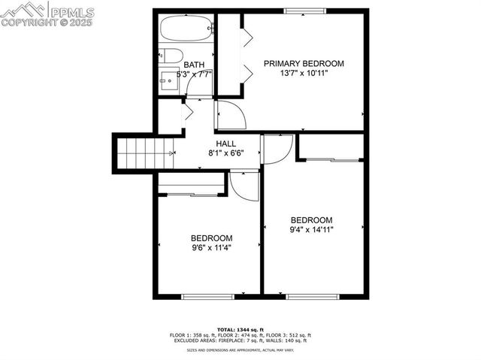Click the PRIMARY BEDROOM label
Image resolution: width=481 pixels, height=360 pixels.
pyautogui.click(x=304, y=63)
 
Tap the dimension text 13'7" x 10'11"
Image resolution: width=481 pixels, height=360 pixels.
pyautogui.click(x=304, y=73)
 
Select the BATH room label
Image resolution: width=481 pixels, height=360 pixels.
pyautogui.click(x=194, y=65)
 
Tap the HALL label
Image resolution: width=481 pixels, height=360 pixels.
pyautogui.click(x=226, y=144)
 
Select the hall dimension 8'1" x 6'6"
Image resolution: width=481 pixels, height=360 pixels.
pyautogui.click(x=226, y=153)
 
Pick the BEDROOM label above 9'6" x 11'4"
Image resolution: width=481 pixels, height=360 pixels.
pyautogui.click(x=211, y=237)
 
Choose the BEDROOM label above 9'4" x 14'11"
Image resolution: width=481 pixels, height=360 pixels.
pyautogui.click(x=311, y=220)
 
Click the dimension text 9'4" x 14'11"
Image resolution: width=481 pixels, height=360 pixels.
pyautogui.click(x=311, y=230)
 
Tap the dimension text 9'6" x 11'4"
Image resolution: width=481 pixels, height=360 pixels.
pyautogui.click(x=211, y=247)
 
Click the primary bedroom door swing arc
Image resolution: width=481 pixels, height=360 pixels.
pyautogui.click(x=232, y=116)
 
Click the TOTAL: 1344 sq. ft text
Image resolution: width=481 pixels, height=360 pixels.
pyautogui.click(x=237, y=329)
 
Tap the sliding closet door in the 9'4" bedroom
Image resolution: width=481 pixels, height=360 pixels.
pyautogui.click(x=331, y=159)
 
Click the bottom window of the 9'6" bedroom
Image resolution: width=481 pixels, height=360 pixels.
pyautogui.click(x=204, y=296)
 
